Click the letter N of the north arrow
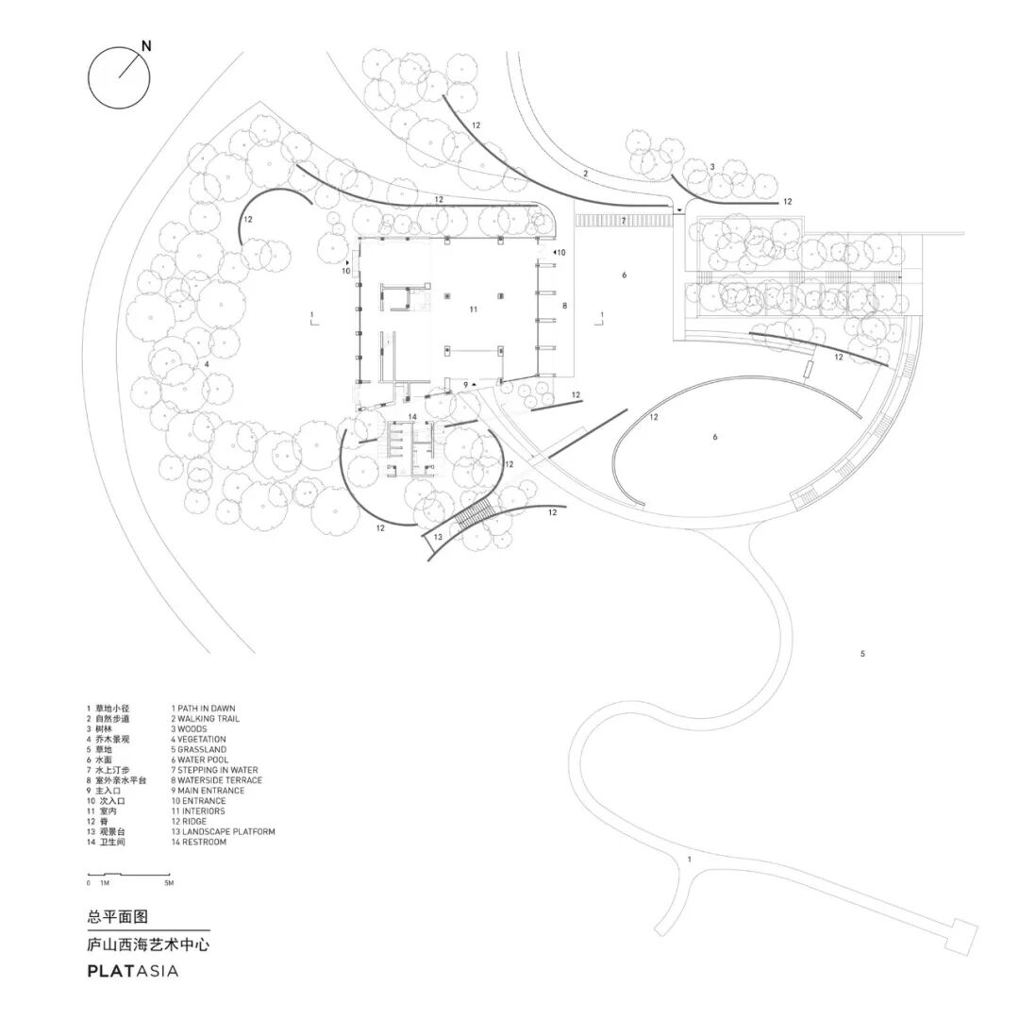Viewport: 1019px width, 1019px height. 146,44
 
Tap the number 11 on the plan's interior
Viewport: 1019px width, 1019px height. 473,309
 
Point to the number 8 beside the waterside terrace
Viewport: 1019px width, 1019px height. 564,306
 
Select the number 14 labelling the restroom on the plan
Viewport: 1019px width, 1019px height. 412,416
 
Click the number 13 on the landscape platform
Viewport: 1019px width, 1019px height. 438,537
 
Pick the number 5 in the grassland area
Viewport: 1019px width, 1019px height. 862,654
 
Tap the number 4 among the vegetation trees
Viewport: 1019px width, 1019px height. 207,364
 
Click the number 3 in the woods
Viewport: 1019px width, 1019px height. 712,167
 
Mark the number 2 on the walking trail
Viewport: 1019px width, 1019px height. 585,174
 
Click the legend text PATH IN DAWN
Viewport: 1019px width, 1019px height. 203,708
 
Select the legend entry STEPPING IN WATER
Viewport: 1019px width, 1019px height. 214,770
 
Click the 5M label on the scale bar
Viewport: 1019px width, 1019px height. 169,883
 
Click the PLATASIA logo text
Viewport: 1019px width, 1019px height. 132,970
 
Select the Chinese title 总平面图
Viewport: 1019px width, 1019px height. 117,916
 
